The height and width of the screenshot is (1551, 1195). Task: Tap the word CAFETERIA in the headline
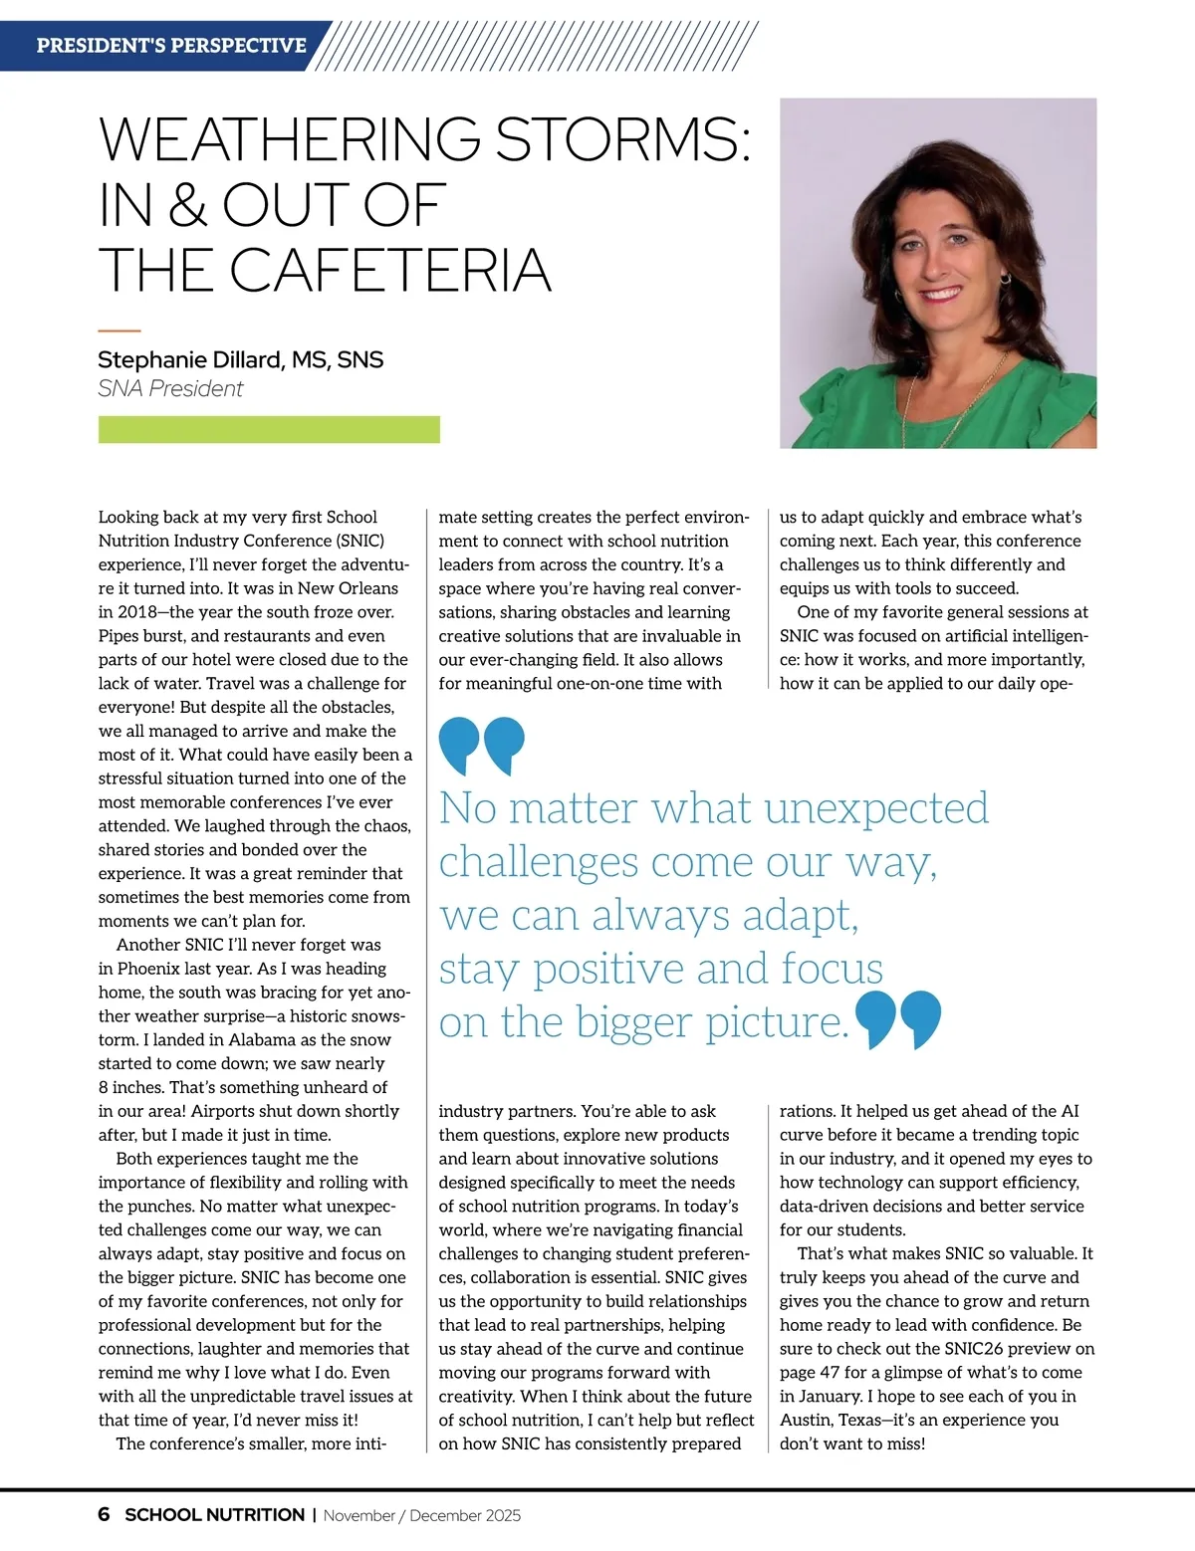pyautogui.click(x=389, y=270)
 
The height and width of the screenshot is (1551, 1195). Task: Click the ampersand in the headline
pyautogui.click(x=186, y=205)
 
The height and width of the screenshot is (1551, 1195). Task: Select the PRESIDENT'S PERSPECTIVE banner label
pyautogui.click(x=171, y=46)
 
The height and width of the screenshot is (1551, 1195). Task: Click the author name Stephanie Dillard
pyautogui.click(x=190, y=359)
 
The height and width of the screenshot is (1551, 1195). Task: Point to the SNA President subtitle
pyautogui.click(x=170, y=388)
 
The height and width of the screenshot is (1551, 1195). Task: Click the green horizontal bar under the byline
pyautogui.click(x=269, y=430)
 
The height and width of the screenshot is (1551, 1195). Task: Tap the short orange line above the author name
pyautogui.click(x=119, y=331)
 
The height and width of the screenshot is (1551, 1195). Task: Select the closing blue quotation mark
pyautogui.click(x=898, y=1018)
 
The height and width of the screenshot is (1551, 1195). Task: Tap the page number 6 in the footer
pyautogui.click(x=105, y=1515)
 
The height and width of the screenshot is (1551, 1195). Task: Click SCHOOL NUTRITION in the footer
pyautogui.click(x=215, y=1515)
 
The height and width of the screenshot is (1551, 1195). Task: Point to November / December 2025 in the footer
pyautogui.click(x=422, y=1516)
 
